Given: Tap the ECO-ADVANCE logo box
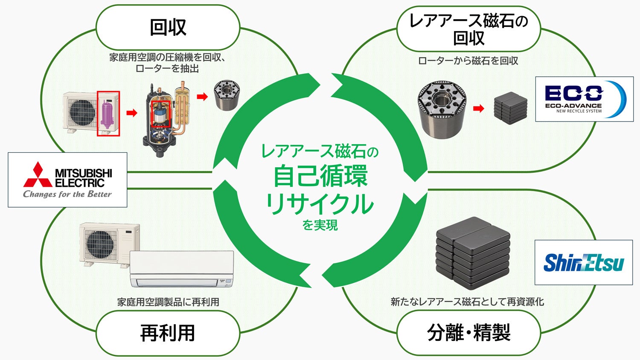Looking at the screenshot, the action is click(x=584, y=99).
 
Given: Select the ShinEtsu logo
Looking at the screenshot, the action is click(x=584, y=262).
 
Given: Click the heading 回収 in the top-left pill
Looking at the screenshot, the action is click(x=168, y=27).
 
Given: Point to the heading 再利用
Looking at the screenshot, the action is click(x=168, y=333).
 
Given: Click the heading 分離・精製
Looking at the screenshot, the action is click(x=469, y=333).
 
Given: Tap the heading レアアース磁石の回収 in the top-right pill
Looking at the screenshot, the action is click(x=469, y=29).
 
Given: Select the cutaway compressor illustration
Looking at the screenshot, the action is click(x=166, y=120).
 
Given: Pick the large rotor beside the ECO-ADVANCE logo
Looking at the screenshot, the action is click(x=442, y=110).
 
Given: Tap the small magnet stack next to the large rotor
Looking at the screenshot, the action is click(x=511, y=108).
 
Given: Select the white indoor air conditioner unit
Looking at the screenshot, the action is click(x=182, y=269).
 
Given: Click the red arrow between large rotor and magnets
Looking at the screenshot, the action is click(x=479, y=109).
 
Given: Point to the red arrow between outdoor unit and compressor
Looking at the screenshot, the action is click(x=132, y=113).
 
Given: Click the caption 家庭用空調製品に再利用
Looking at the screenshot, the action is click(x=168, y=302).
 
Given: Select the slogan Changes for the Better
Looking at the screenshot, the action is click(x=67, y=194).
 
